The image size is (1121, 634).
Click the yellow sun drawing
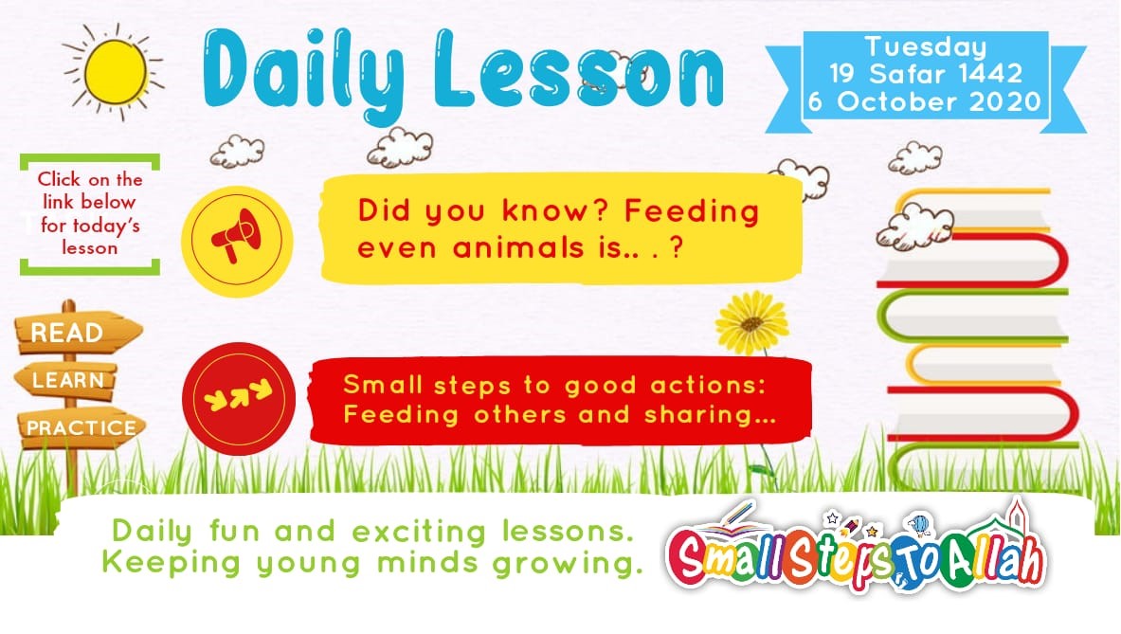pos(115,71)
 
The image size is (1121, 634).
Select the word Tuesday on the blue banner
pos(926,47)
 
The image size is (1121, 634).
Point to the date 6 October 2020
pos(925,101)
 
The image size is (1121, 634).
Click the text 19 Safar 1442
pos(926,74)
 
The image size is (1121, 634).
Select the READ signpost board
pos(78,333)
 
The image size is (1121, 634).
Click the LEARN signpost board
pos(65,380)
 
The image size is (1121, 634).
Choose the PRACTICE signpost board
pos(81,427)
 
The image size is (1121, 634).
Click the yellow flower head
pos(752,322)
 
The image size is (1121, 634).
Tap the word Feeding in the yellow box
pos(692,211)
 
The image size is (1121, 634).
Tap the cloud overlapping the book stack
pos(914,226)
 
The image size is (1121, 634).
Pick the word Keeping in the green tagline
pos(172,564)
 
